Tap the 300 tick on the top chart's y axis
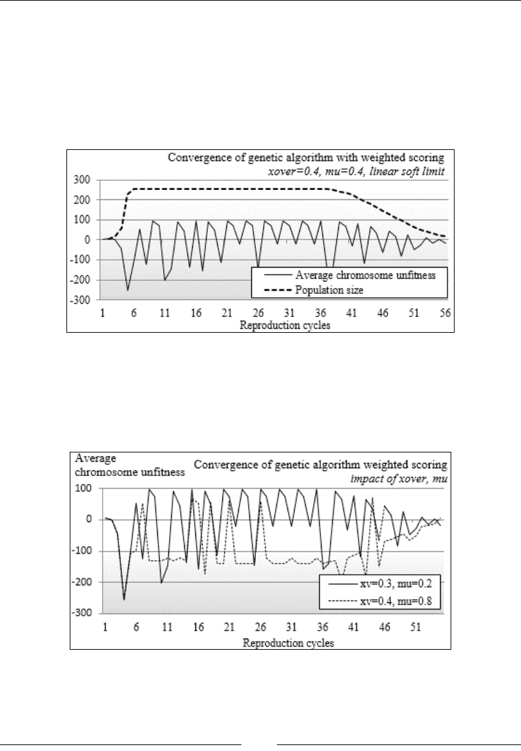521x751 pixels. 82,180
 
